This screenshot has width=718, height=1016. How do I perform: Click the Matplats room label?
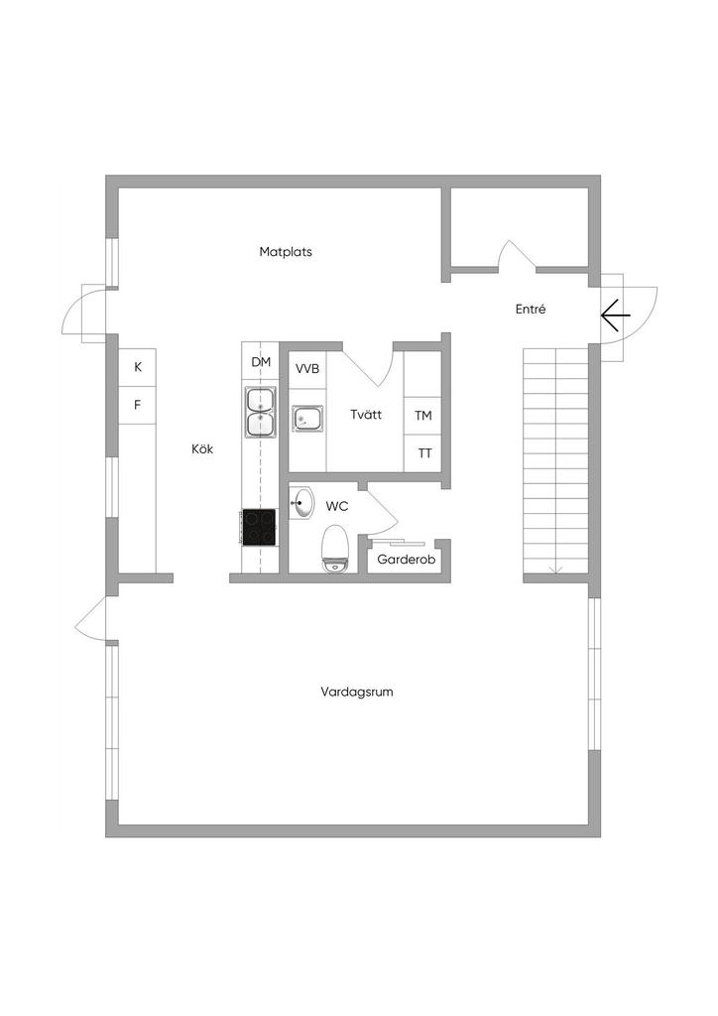pyautogui.click(x=286, y=251)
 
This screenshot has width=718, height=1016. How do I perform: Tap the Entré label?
pyautogui.click(x=531, y=310)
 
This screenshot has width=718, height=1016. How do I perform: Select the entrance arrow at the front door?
pyautogui.click(x=615, y=316)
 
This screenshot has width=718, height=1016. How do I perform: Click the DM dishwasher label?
pyautogui.click(x=261, y=361)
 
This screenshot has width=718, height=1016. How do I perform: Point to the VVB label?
pyautogui.click(x=307, y=369)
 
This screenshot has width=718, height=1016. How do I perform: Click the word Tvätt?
pyautogui.click(x=366, y=414)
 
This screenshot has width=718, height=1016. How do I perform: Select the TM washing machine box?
pyautogui.click(x=422, y=416)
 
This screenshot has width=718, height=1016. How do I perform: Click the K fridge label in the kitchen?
pyautogui.click(x=137, y=367)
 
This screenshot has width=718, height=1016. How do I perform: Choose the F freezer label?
pyautogui.click(x=137, y=405)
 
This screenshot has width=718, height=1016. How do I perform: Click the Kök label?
pyautogui.click(x=202, y=448)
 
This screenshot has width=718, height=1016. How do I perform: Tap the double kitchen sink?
pyautogui.click(x=260, y=411)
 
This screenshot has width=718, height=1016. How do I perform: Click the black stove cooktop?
pyautogui.click(x=259, y=526)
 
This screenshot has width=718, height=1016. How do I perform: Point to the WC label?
pyautogui.click(x=336, y=506)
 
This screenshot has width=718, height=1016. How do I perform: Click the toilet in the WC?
pyautogui.click(x=335, y=548)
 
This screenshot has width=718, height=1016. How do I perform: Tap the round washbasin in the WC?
pyautogui.click(x=301, y=503)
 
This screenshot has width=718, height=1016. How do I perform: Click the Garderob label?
pyautogui.click(x=406, y=560)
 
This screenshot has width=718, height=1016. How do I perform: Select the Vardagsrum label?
pyautogui.click(x=357, y=692)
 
